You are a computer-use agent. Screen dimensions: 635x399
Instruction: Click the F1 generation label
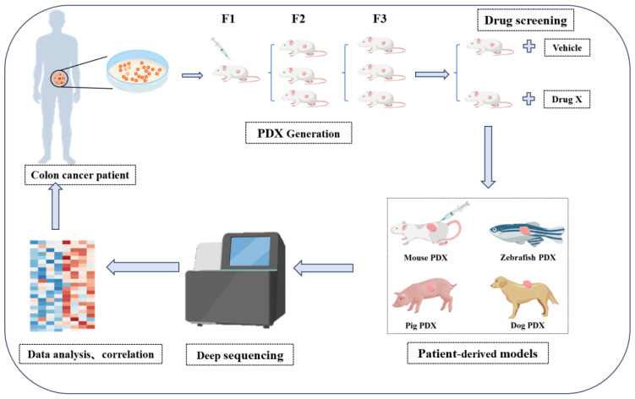point(228,19)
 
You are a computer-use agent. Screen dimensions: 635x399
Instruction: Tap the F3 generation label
point(380,19)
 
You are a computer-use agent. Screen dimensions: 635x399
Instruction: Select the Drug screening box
point(526,20)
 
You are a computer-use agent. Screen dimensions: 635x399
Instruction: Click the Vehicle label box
point(567,48)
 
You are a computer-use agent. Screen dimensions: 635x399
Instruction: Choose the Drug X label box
point(567,99)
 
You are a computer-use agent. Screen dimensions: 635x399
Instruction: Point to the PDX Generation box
point(298,134)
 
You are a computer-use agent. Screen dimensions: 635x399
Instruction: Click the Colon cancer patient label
point(79,175)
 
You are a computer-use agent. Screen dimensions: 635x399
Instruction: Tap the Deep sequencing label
point(240,355)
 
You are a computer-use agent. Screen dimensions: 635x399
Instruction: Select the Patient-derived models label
point(478,353)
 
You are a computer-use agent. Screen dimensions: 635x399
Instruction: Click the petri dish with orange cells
point(137,71)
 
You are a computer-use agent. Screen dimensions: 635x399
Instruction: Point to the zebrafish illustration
point(527,234)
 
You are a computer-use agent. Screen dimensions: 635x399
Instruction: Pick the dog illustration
point(524,297)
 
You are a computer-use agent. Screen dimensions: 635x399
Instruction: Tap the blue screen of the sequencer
point(249,252)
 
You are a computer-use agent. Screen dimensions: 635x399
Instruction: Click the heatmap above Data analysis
point(63,286)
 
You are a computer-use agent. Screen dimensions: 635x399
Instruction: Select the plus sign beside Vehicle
point(529,46)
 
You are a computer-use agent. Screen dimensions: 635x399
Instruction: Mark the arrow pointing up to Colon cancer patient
point(56,206)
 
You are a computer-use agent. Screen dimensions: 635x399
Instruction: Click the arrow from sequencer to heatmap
point(143,267)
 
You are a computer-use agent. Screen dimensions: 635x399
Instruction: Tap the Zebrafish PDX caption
point(528,257)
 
